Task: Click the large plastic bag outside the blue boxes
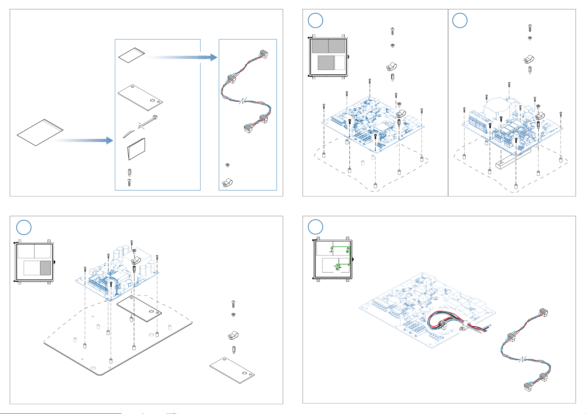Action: [40, 132]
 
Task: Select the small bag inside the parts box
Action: [131, 56]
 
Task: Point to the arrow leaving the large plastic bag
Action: [83, 140]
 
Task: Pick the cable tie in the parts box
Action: [139, 127]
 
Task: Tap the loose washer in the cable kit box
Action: [227, 164]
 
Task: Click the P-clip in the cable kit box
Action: [227, 182]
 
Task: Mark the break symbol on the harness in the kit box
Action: [243, 101]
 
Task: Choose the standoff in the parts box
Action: [129, 172]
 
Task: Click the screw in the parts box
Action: [129, 182]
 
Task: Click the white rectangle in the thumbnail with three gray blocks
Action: [339, 63]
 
